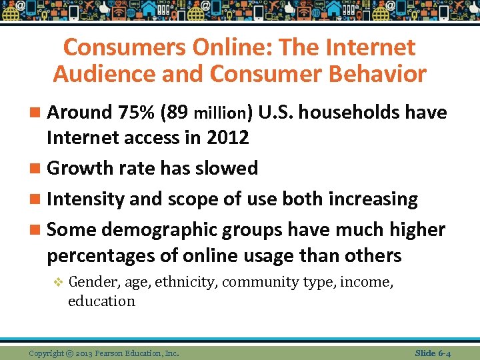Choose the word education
click(101, 301)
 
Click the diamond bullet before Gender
click(58, 283)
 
